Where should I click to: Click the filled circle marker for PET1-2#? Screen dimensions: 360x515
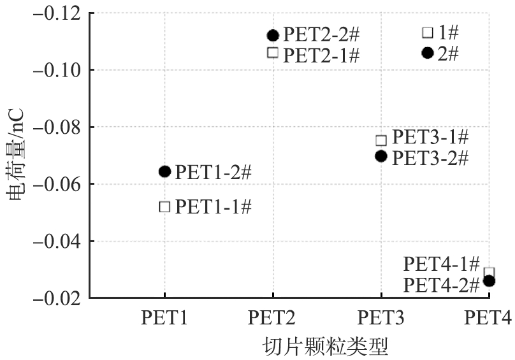click(x=164, y=171)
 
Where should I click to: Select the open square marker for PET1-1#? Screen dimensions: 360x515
click(x=164, y=206)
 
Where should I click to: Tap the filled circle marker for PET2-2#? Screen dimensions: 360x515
click(x=273, y=35)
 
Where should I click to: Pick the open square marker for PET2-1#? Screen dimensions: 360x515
click(x=273, y=52)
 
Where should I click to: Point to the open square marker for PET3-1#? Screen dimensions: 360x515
click(x=381, y=140)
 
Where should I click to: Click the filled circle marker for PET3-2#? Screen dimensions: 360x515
click(x=381, y=155)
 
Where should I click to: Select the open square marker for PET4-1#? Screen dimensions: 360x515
click(x=489, y=273)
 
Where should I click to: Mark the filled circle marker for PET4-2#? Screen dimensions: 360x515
click(x=489, y=280)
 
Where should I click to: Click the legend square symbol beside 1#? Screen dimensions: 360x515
click(x=428, y=32)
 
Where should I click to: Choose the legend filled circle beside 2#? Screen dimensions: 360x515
click(x=428, y=52)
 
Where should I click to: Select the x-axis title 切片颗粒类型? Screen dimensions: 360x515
click(x=326, y=347)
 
